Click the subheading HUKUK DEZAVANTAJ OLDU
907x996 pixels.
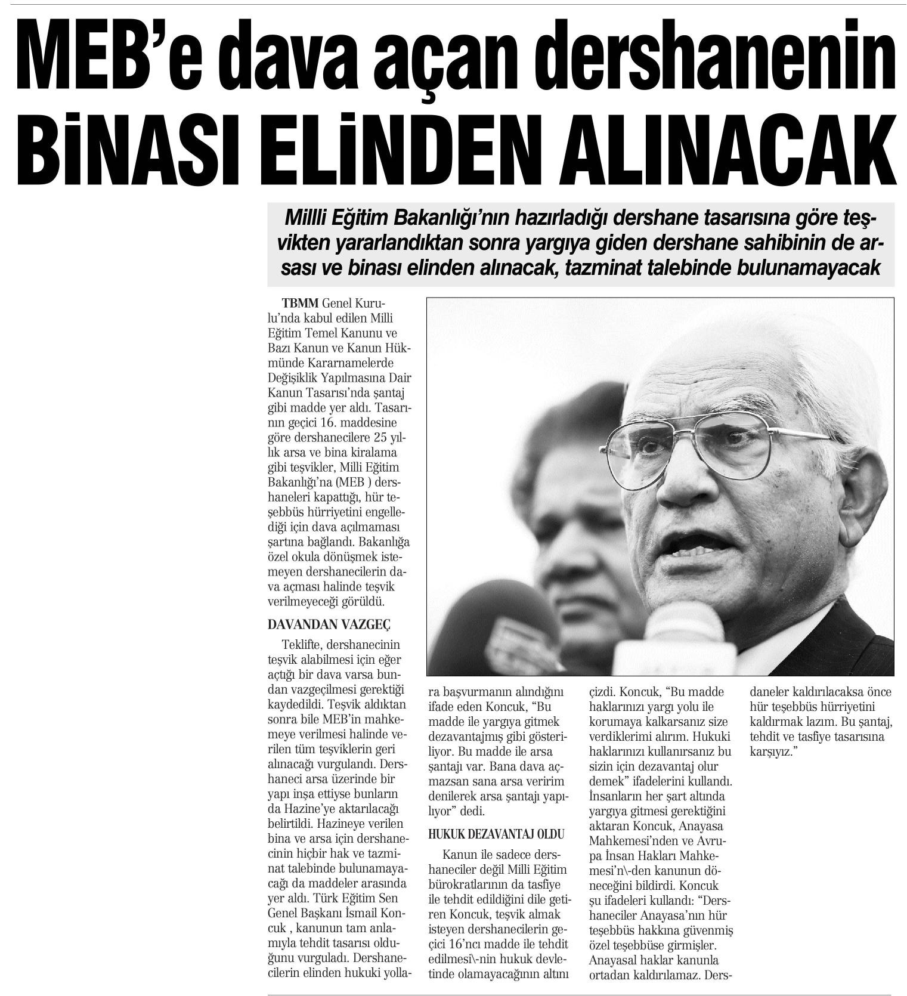pos(496,834)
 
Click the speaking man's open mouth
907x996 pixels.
pos(685,544)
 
